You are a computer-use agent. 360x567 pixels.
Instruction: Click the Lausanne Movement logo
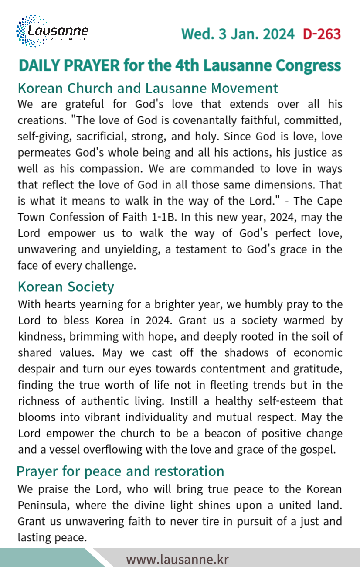(x=52, y=31)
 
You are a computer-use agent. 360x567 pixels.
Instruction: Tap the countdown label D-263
(x=322, y=34)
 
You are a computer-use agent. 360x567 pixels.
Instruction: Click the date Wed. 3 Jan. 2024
(x=238, y=34)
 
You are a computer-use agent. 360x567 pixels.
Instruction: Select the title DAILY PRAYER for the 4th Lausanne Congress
(x=180, y=65)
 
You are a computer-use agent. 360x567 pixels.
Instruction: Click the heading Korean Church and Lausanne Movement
(x=148, y=88)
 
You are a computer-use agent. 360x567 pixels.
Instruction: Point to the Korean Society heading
(x=66, y=287)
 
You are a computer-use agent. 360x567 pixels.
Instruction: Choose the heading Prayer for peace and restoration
(x=120, y=471)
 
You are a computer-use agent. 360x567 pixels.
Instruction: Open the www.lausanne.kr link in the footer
(x=177, y=559)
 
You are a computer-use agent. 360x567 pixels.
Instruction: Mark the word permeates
(x=39, y=153)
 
